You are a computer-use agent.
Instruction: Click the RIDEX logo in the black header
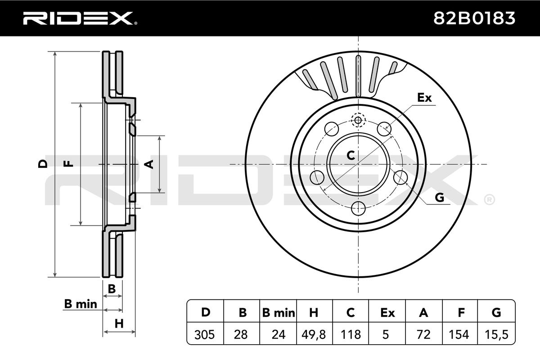click(80, 18)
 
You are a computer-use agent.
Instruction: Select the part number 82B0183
click(474, 18)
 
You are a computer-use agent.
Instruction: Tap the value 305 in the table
click(204, 334)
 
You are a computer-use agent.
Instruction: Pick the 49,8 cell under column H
click(314, 334)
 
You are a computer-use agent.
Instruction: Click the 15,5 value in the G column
click(496, 334)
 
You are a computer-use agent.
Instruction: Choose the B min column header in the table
click(279, 313)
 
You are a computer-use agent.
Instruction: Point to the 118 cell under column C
click(351, 334)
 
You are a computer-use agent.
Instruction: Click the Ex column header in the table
click(387, 313)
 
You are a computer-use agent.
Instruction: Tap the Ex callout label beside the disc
click(424, 98)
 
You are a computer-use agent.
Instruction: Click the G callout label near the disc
click(440, 198)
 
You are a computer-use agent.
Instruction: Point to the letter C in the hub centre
click(351, 155)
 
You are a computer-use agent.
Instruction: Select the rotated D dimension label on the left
click(43, 164)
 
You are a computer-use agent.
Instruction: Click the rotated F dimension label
click(68, 164)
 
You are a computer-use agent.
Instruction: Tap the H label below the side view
click(119, 324)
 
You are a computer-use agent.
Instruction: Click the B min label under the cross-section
click(81, 304)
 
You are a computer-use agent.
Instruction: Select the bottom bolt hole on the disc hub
click(359, 208)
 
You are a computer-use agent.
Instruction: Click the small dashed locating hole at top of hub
click(358, 120)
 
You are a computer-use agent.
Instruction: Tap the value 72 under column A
click(423, 334)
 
